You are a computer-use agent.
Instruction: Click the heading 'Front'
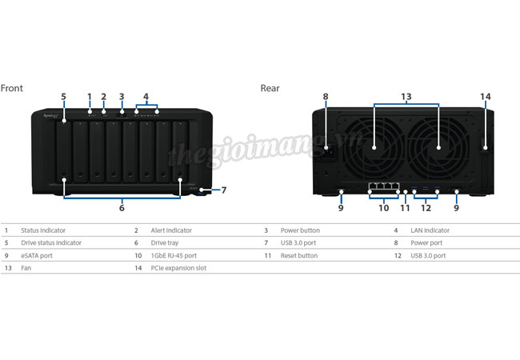coord(12,88)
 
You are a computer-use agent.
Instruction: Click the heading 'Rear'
coord(270,88)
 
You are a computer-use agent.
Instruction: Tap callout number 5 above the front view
coord(63,97)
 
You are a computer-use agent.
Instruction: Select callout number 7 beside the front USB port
coord(224,190)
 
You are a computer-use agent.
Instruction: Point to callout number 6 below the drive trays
coord(122,208)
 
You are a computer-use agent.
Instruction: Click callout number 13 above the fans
coord(406,97)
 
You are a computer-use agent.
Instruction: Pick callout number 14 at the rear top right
coord(486,97)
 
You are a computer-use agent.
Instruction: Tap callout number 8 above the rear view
coord(326,97)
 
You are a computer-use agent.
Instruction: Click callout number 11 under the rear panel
coord(405,208)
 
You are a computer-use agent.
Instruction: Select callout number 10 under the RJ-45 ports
coord(384,208)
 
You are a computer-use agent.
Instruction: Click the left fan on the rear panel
coord(374,148)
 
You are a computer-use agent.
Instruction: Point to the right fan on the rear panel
coord(438,148)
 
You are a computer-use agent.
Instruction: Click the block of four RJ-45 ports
coord(384,186)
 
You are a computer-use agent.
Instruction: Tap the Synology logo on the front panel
coord(50,116)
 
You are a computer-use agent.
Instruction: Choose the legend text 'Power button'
coord(300,230)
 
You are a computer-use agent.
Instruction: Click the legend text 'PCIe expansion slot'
coord(178,268)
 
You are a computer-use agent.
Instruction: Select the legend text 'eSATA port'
coord(37,255)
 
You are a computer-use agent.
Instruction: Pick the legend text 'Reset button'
coord(299,255)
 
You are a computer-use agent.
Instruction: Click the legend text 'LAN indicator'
coord(430,230)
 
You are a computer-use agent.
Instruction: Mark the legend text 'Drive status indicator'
coord(51,243)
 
